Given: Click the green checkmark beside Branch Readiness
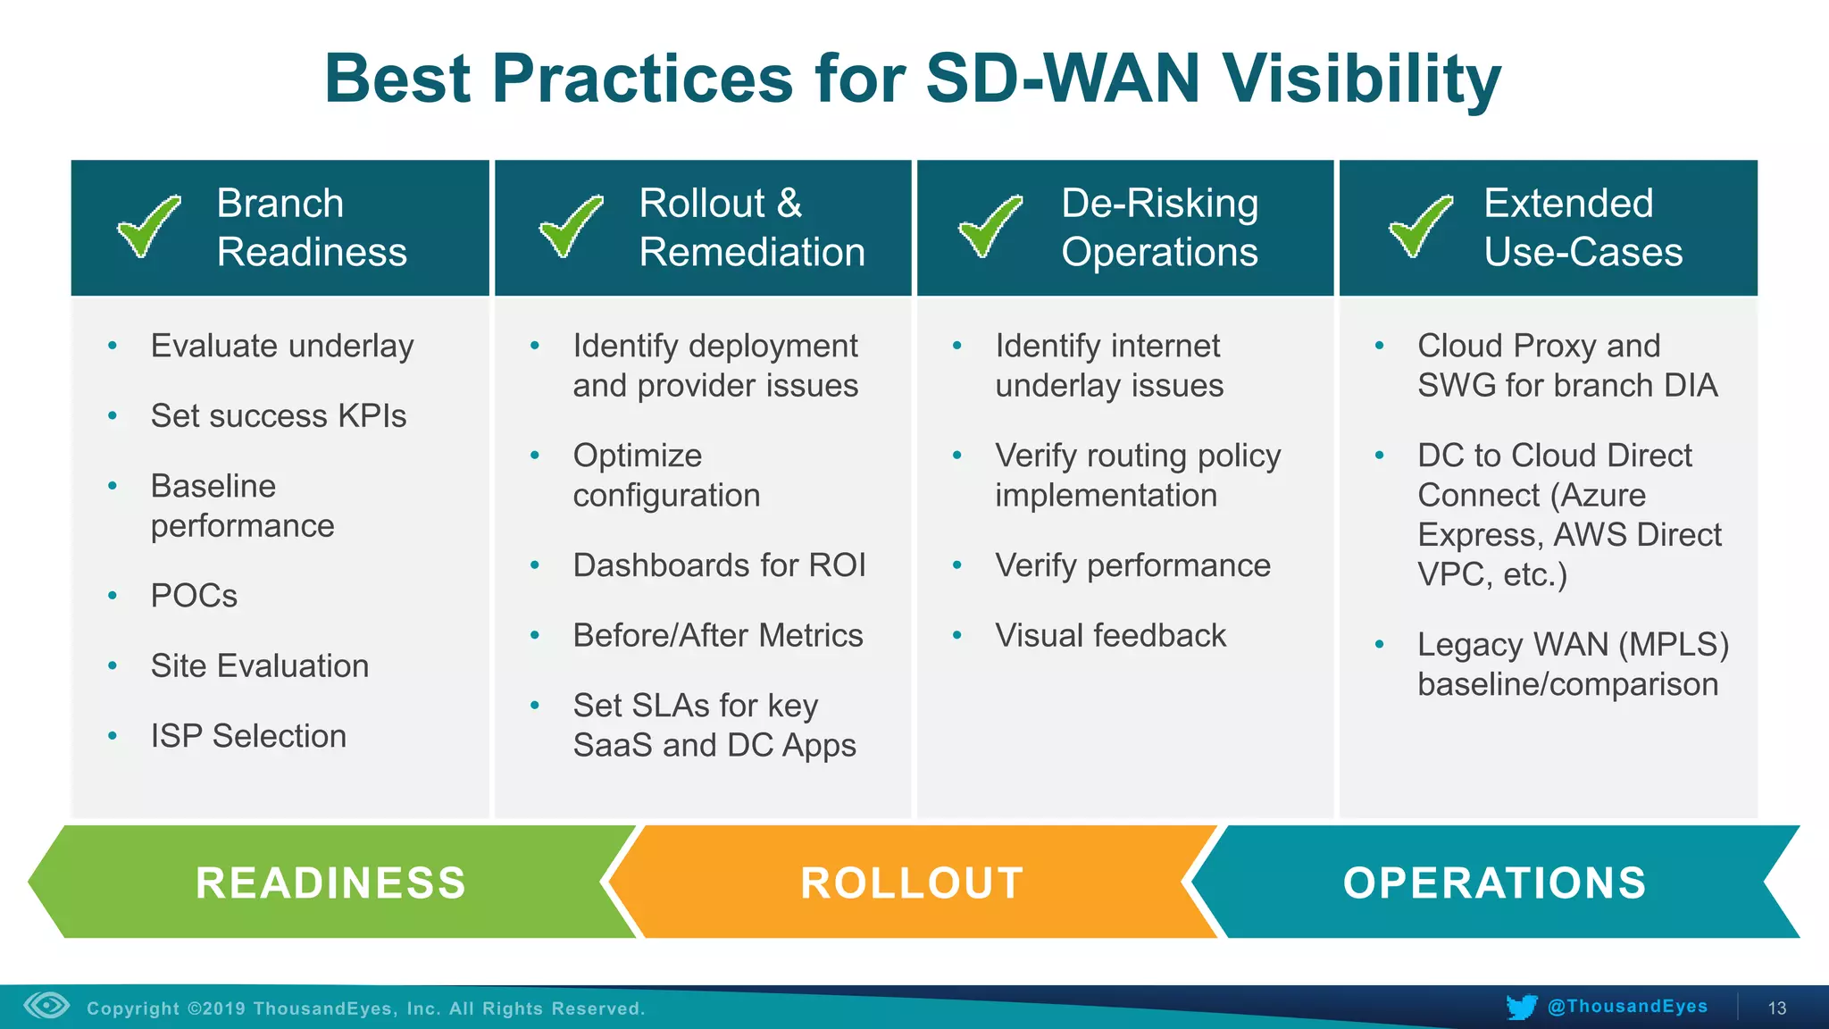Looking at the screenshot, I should pyautogui.click(x=148, y=226).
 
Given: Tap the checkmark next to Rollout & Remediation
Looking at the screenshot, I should pyautogui.click(x=571, y=226).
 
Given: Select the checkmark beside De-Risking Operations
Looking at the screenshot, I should pyautogui.click(x=990, y=226).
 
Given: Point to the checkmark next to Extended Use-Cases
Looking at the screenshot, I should pyautogui.click(x=1420, y=226).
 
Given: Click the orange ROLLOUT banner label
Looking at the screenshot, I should pyautogui.click(x=912, y=883).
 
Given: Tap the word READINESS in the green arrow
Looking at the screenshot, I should pyautogui.click(x=330, y=883).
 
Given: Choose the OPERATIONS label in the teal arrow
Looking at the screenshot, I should pyautogui.click(x=1494, y=883).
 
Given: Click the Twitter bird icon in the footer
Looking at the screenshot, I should pyautogui.click(x=1521, y=1007).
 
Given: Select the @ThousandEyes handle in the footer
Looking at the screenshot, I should pyautogui.click(x=1627, y=1007).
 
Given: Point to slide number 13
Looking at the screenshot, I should pyautogui.click(x=1776, y=1008).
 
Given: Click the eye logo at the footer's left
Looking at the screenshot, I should pyautogui.click(x=46, y=1006).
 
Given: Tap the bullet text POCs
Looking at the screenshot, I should pyautogui.click(x=194, y=596).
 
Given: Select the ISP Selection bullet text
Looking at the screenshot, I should pyautogui.click(x=248, y=736).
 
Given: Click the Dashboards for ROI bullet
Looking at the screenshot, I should pyautogui.click(x=719, y=565).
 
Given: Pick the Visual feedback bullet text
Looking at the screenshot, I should pyautogui.click(x=1110, y=635).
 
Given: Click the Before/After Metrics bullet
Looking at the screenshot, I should pyautogui.click(x=718, y=635).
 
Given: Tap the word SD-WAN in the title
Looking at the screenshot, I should pyautogui.click(x=1062, y=79).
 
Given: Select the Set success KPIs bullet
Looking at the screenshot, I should pyautogui.click(x=278, y=416).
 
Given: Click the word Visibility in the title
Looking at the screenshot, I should pyautogui.click(x=1362, y=79).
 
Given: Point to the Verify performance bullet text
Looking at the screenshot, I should pyautogui.click(x=1132, y=565).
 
